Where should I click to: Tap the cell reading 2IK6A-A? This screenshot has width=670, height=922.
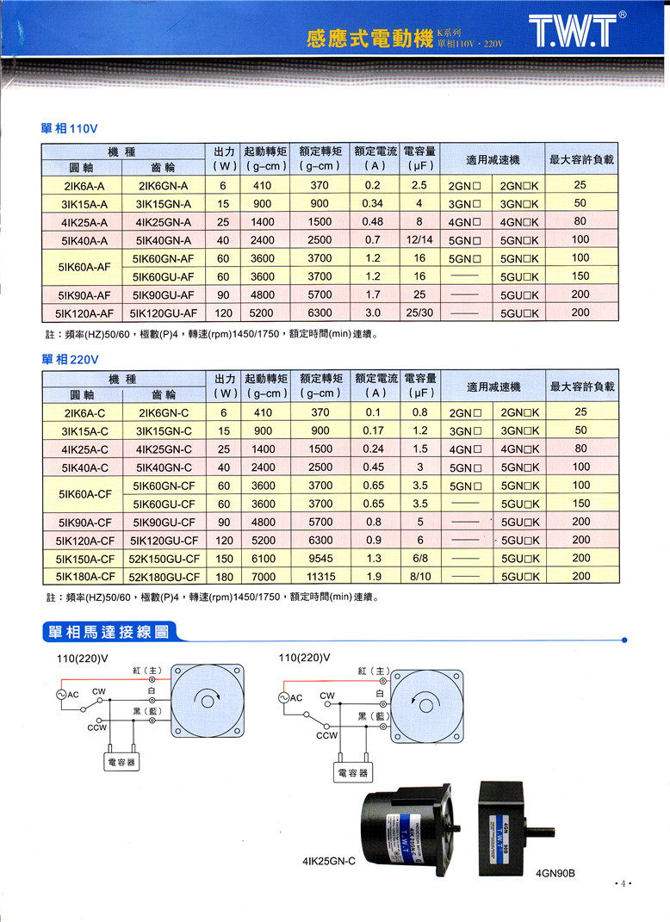84,186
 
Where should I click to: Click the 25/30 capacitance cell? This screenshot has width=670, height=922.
419,312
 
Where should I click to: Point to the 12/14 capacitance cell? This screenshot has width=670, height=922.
419,240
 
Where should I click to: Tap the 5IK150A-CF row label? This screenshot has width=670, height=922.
84,558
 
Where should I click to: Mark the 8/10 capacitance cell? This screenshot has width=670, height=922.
419,576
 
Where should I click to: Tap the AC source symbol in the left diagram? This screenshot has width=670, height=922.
62,694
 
